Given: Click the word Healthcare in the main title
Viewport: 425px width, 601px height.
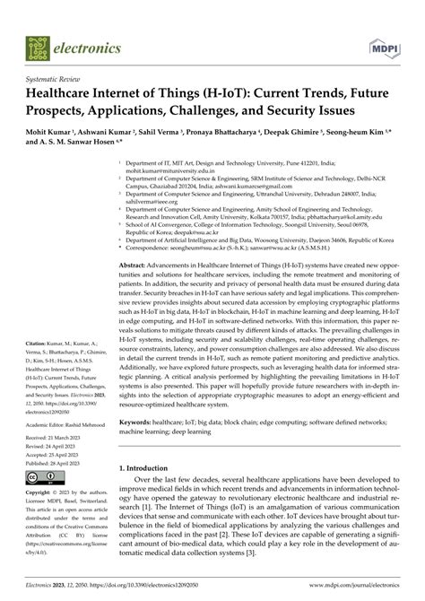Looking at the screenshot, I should point(66,94).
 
